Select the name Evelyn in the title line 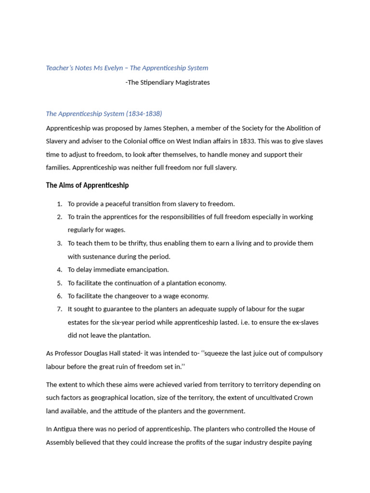tap(115, 68)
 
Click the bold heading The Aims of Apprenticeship tap(87, 185)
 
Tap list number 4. tap(60, 270)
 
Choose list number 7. tap(60, 309)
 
